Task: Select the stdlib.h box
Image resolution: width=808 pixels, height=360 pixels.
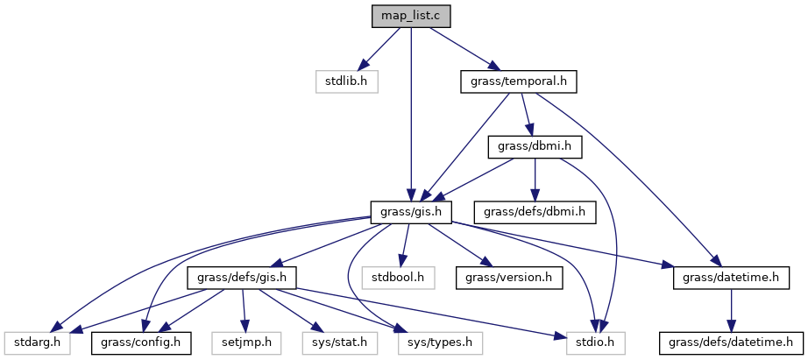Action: pos(346,81)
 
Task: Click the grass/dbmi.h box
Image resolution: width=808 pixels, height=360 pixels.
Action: pos(535,146)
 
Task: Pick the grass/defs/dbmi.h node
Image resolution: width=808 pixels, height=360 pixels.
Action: pos(535,211)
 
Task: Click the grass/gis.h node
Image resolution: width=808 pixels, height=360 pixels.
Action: pos(410,211)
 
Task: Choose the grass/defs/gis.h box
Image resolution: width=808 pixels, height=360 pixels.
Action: pos(242,277)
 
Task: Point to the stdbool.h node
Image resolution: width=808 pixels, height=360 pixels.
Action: pos(404,277)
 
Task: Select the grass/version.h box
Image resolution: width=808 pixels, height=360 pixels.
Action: pos(509,277)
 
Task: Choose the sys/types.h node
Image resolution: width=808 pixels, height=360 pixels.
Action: pos(436,342)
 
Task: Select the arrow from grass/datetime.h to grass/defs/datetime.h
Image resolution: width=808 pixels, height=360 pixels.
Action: pos(733,309)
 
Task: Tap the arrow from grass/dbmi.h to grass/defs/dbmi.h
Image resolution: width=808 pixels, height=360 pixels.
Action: pos(535,179)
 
